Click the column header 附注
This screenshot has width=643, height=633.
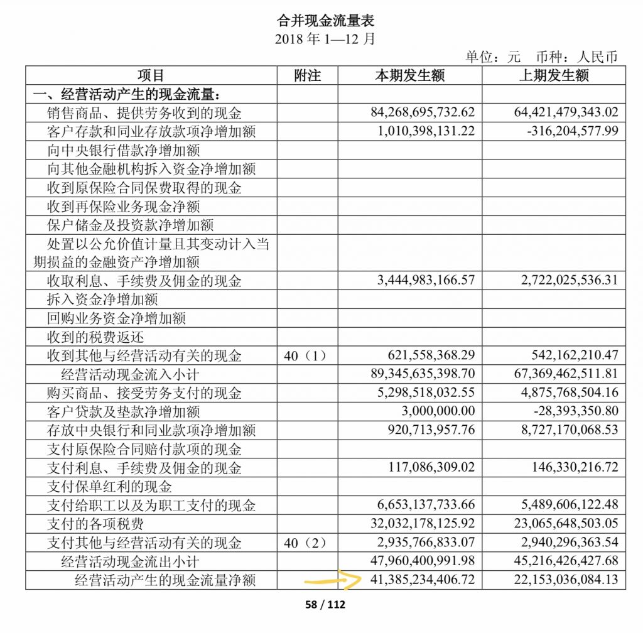(x=307, y=76)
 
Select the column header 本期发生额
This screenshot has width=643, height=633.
(x=409, y=76)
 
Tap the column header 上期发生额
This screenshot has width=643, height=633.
(x=554, y=76)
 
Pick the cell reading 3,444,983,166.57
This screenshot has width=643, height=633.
(x=426, y=281)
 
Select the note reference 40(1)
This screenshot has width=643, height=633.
(x=306, y=356)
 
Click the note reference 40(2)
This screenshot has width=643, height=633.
(x=306, y=543)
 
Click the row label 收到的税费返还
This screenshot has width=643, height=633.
(x=95, y=337)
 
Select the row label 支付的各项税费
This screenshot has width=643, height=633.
(x=95, y=524)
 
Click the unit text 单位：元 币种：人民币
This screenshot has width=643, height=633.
(x=541, y=57)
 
